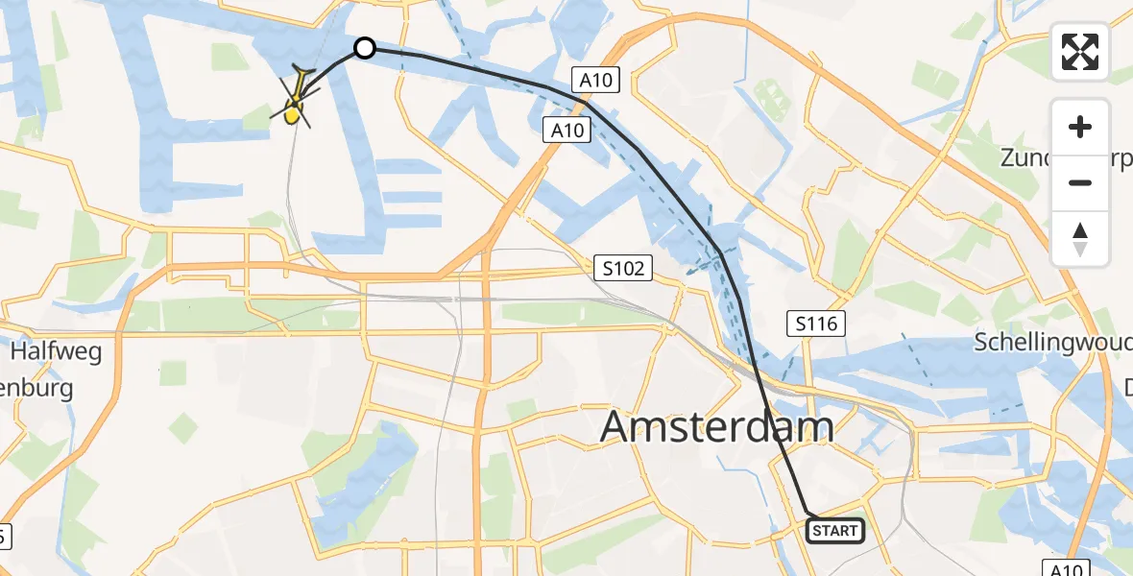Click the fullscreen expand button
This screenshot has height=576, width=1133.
pyautogui.click(x=1080, y=52)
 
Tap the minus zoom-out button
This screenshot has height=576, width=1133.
pyautogui.click(x=1080, y=182)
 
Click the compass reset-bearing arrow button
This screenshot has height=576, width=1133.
pyautogui.click(x=1080, y=239)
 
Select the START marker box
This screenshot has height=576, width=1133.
pyautogui.click(x=835, y=530)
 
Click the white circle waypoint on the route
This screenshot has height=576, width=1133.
pyautogui.click(x=365, y=48)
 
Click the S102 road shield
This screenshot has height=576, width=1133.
pyautogui.click(x=623, y=268)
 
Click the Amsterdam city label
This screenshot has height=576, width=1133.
pyautogui.click(x=716, y=427)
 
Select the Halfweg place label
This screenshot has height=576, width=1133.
pyautogui.click(x=56, y=352)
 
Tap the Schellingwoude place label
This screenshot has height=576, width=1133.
pyautogui.click(x=1052, y=341)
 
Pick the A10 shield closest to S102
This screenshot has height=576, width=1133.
pyautogui.click(x=566, y=130)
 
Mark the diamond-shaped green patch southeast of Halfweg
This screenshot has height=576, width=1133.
pyautogui.click(x=173, y=372)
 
